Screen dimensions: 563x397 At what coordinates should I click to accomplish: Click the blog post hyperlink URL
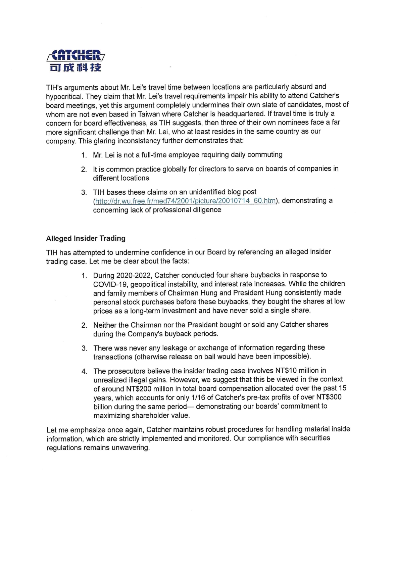186,201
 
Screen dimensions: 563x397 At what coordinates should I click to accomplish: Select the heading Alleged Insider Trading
86,238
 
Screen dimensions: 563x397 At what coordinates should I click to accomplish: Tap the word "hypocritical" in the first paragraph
64,96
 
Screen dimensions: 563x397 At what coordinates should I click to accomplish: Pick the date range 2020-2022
134,276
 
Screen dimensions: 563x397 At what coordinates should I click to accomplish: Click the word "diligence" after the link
207,210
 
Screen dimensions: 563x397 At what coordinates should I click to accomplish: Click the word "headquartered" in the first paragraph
241,114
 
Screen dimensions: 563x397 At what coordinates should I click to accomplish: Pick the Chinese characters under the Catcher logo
76,67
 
